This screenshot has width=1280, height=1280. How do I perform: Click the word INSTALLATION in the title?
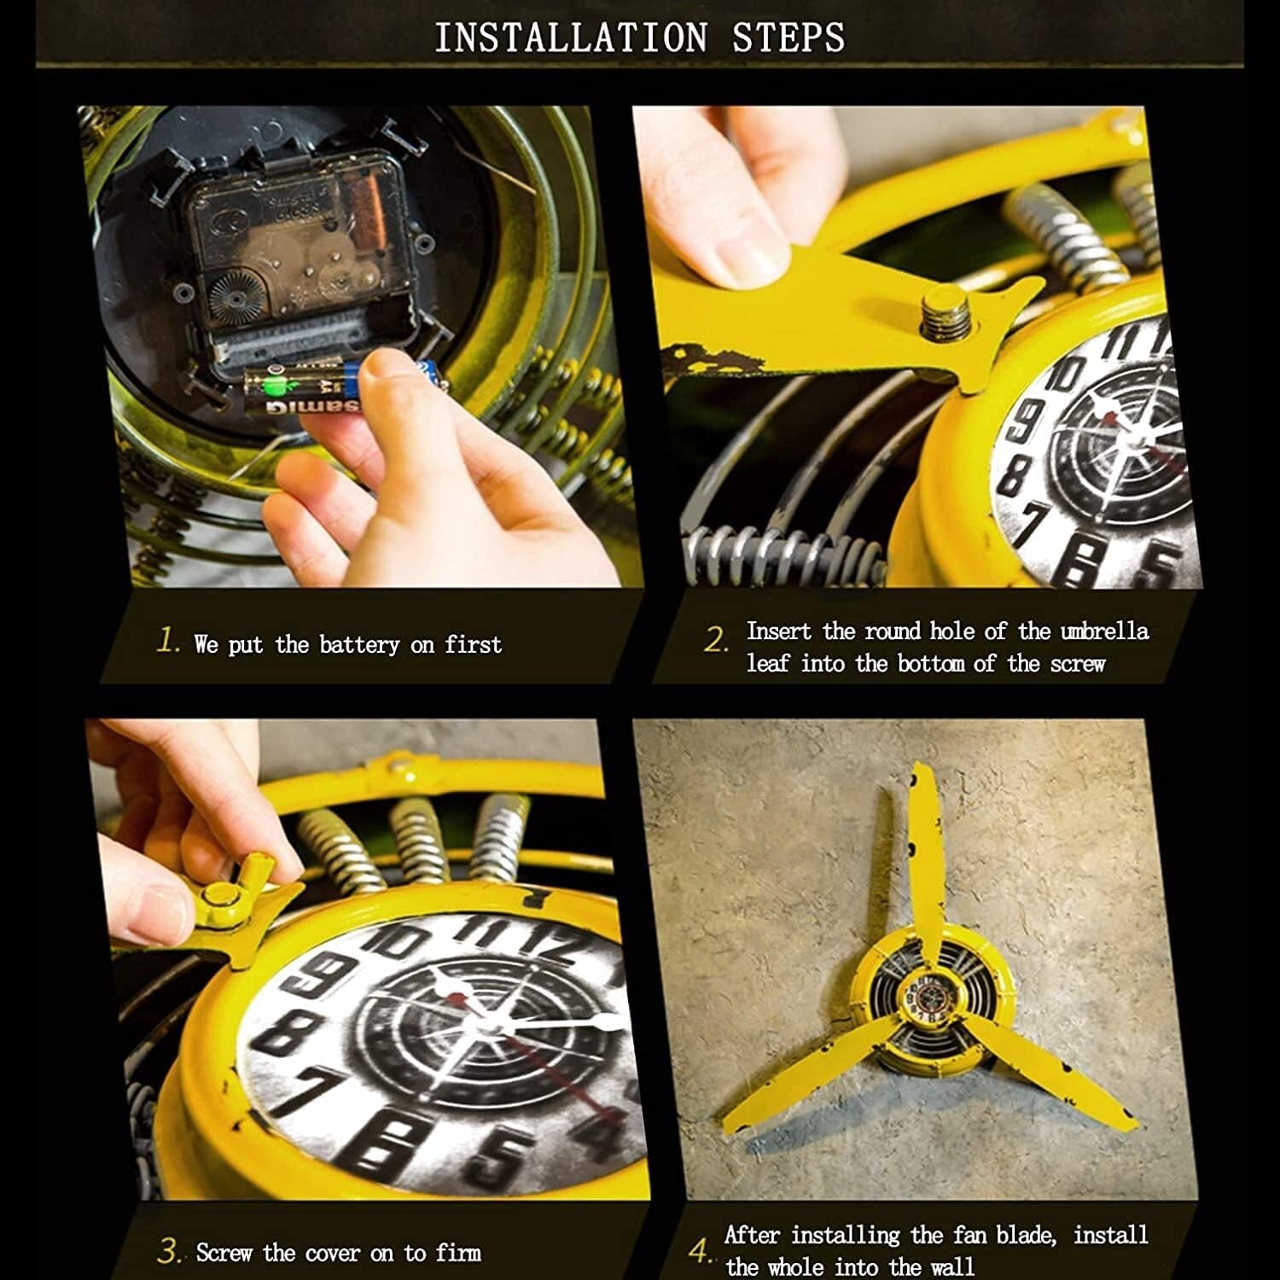coord(571,38)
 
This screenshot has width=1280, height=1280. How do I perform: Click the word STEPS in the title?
coord(788,38)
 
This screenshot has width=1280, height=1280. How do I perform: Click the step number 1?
coord(168,641)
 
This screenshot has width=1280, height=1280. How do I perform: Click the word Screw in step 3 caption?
coord(224,1253)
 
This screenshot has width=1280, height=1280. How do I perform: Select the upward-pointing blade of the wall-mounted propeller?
coord(924,853)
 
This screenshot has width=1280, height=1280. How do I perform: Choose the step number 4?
coord(700,1252)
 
